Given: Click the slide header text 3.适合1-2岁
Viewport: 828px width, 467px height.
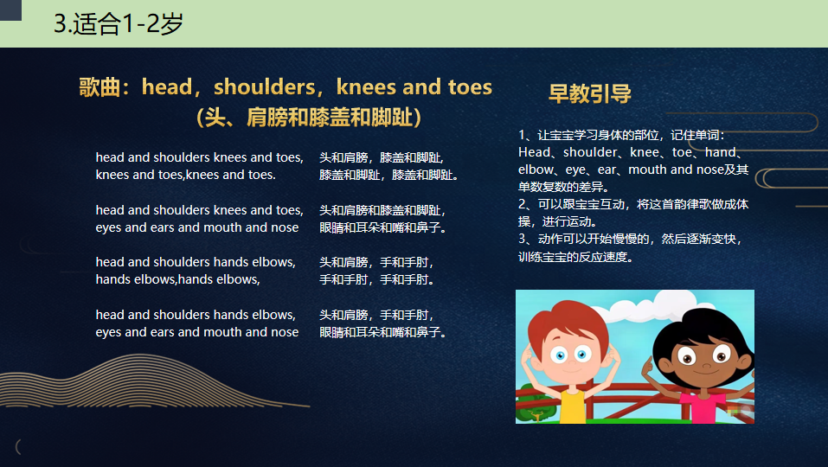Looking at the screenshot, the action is click(x=119, y=23).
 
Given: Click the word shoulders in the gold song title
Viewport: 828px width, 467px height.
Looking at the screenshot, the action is click(x=264, y=87).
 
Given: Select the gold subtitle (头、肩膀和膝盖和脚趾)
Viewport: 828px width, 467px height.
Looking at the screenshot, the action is click(x=309, y=117).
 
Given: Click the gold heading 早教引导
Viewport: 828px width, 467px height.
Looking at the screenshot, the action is click(x=590, y=93).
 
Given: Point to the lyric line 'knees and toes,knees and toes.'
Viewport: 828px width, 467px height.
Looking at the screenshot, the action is click(x=185, y=175).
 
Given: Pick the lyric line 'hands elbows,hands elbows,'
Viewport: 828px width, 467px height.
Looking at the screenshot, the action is click(x=178, y=279).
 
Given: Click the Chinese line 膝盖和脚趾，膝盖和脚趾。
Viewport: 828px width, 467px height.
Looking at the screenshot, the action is click(x=389, y=175).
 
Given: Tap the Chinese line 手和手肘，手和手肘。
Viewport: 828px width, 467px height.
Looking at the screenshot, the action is click(x=377, y=279).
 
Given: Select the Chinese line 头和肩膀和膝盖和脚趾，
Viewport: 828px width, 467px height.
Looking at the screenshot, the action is click(x=382, y=210).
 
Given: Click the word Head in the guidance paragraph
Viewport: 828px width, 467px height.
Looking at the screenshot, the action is click(x=534, y=152).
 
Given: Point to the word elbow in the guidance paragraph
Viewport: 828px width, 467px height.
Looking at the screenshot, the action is click(x=536, y=170).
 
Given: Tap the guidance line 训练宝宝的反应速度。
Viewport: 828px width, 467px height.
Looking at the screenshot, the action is click(x=575, y=257).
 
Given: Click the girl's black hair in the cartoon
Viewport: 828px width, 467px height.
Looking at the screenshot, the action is click(x=703, y=329).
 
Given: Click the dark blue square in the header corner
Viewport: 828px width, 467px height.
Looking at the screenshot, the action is click(x=10, y=10).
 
